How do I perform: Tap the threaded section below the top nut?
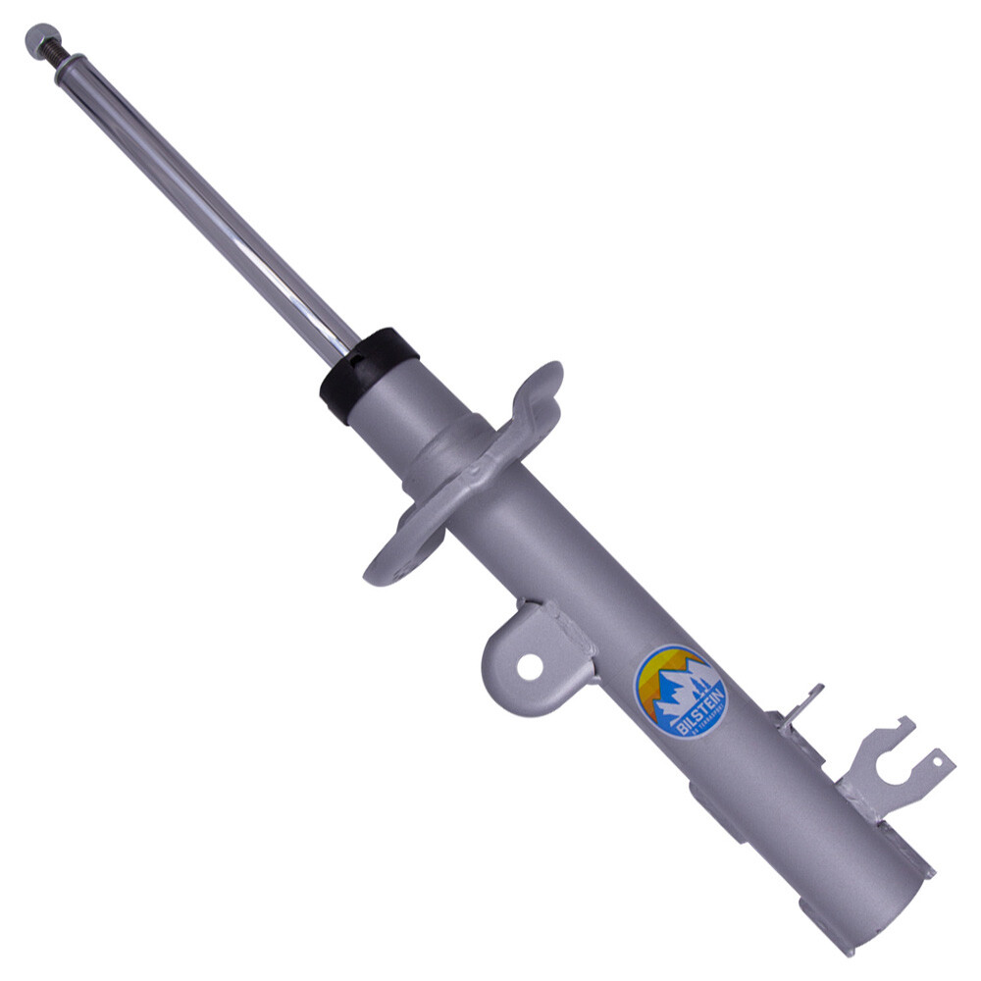click(x=58, y=59)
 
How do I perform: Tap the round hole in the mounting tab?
click(x=530, y=667)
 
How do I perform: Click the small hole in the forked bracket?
click(x=940, y=761)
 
